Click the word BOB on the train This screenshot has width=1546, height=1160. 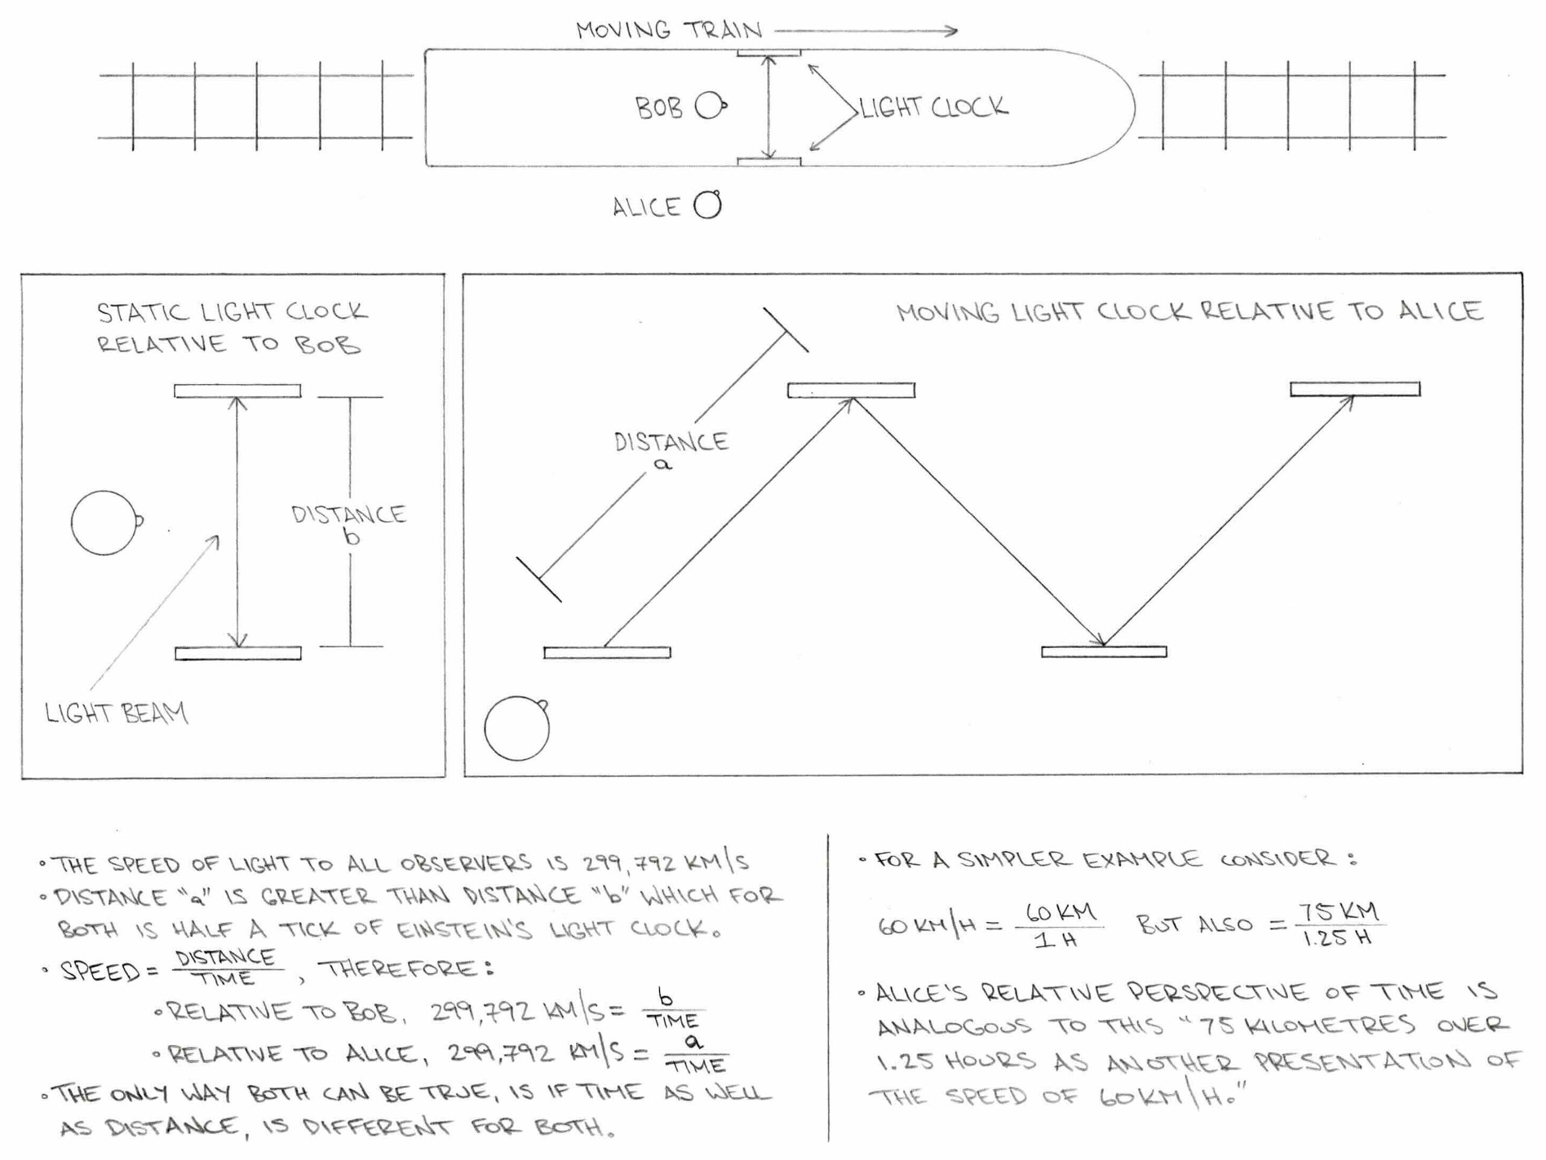click(x=658, y=108)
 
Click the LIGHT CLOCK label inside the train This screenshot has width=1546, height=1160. click(x=934, y=107)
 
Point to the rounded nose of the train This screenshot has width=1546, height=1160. click(x=1111, y=107)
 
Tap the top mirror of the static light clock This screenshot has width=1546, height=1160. click(x=237, y=391)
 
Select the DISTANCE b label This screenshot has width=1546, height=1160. click(x=349, y=524)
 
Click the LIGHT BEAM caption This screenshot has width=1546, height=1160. click(x=116, y=714)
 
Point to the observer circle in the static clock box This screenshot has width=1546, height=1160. click(x=103, y=523)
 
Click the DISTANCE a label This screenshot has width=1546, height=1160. click(x=671, y=450)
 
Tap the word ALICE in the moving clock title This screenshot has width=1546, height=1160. click(x=1441, y=312)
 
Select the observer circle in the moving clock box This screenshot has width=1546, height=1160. click(x=516, y=728)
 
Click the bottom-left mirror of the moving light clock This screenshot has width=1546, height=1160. click(x=607, y=653)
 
